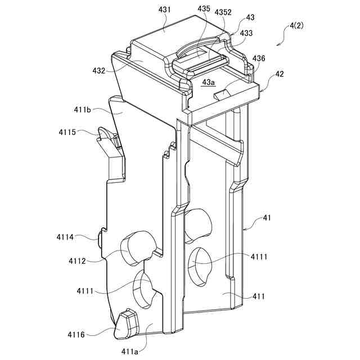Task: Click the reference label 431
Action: (165, 10)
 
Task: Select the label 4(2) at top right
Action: (297, 26)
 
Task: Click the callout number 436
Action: (259, 58)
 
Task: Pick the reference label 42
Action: (279, 74)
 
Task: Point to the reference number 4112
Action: (78, 261)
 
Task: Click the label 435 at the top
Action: (204, 10)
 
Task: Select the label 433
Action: (246, 33)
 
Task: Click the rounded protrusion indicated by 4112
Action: (137, 247)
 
